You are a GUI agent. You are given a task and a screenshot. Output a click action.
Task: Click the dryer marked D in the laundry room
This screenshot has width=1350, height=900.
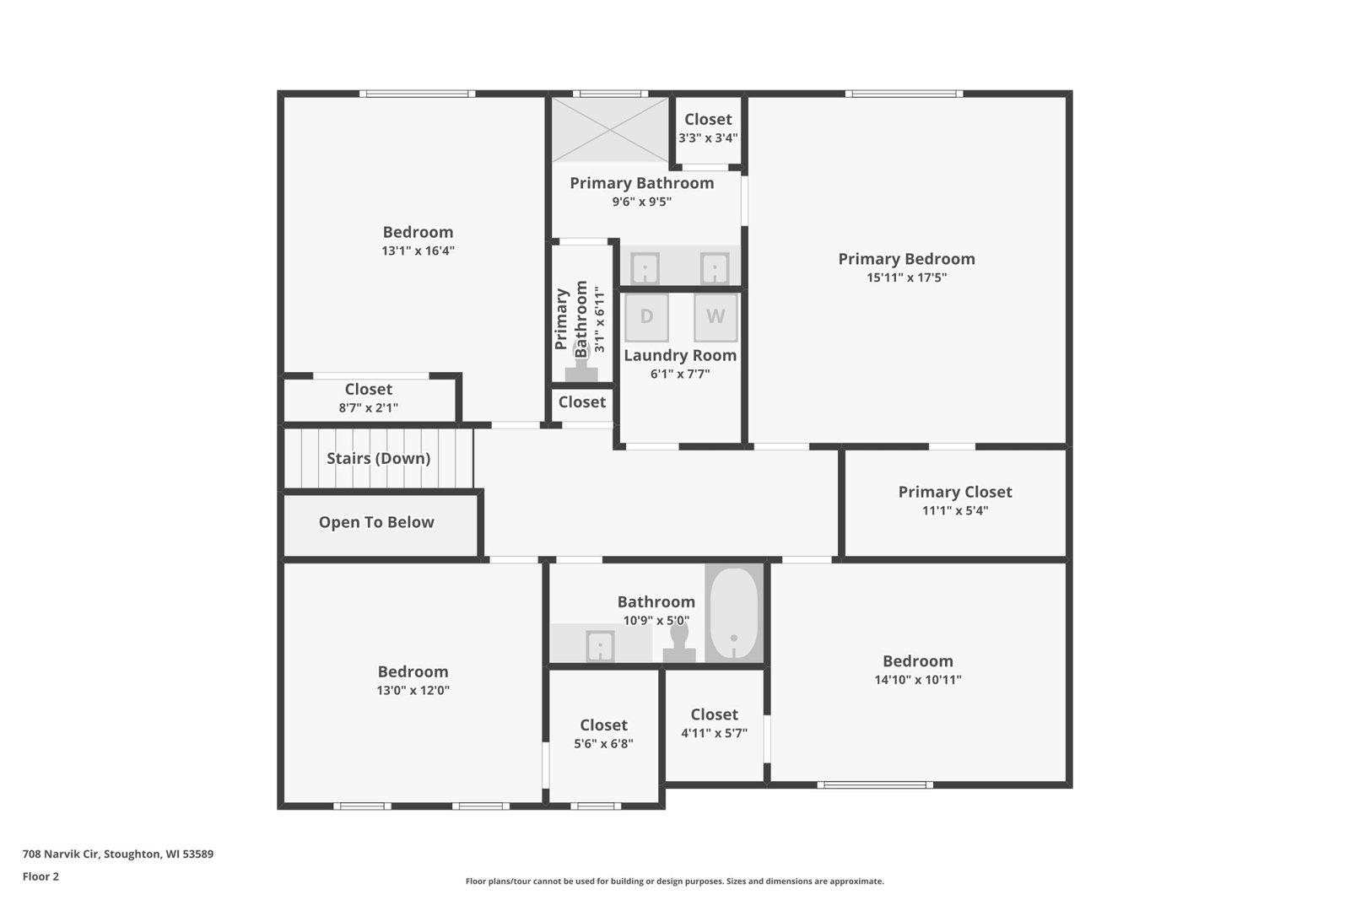point(646,317)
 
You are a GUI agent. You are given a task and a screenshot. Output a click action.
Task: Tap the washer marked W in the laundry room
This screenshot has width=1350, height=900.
point(715,317)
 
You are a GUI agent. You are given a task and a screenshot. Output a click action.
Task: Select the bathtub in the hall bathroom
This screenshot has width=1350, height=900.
point(734,614)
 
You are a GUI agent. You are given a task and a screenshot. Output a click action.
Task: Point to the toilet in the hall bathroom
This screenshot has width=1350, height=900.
point(679,642)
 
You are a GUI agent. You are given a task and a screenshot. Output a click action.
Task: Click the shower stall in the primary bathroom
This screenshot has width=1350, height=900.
point(611,130)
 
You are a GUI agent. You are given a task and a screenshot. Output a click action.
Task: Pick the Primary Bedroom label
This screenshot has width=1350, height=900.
point(906,259)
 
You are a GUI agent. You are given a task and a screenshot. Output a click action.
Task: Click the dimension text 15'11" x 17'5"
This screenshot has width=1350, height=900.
point(906,278)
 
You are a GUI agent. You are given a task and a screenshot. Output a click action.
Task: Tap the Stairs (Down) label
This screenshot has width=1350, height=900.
point(379,458)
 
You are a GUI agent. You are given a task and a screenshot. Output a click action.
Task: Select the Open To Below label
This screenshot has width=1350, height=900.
point(376,522)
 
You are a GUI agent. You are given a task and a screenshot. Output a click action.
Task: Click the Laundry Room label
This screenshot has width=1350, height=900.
point(680,355)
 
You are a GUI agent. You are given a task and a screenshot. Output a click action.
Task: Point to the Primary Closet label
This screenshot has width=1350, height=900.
point(955,492)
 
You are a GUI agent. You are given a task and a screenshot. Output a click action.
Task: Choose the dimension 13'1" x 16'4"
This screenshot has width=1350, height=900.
point(418,251)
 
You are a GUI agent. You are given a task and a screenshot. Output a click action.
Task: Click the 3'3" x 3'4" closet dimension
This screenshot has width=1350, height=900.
point(708,138)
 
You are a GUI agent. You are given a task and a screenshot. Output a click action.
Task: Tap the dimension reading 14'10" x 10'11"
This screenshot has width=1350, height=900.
point(918,680)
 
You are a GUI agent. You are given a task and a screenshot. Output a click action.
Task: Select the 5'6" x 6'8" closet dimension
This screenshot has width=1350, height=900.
point(603,743)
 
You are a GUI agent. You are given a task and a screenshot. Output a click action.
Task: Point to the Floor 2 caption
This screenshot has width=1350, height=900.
point(41,876)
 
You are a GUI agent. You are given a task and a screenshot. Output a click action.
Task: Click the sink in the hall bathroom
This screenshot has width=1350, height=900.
point(600,646)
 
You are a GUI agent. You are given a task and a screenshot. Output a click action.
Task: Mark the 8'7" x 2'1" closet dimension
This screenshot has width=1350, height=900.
point(368,408)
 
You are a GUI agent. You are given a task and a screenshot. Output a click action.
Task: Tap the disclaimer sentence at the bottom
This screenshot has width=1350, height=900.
point(674,881)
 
